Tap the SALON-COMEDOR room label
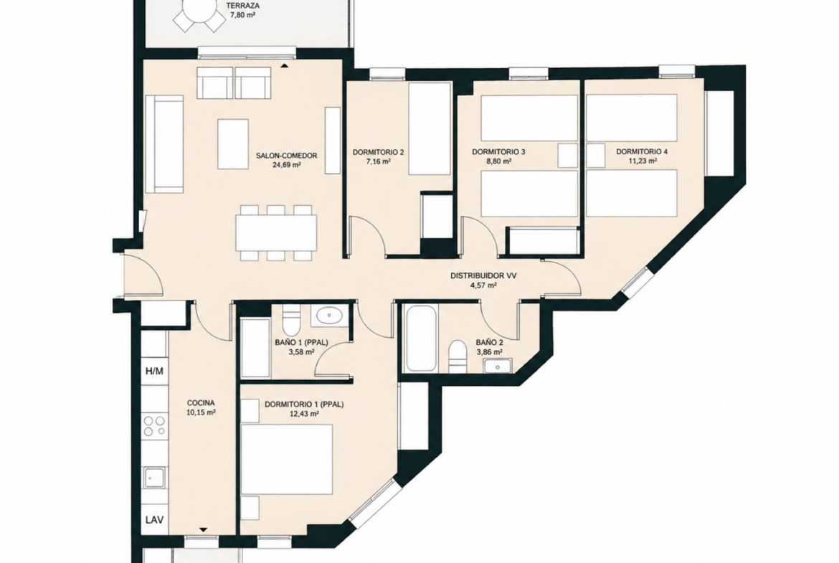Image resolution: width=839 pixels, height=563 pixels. point(286,156)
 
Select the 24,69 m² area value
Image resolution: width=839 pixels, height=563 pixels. point(286,166)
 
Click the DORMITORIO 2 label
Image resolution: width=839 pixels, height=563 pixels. point(379,153)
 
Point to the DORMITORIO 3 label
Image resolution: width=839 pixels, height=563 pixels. point(498,152)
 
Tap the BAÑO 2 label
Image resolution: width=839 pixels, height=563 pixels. point(490,343)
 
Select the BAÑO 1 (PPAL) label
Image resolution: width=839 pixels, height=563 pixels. point(301,343)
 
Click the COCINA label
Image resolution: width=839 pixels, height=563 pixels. point(202,403)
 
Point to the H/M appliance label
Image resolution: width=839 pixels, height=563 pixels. point(155,371)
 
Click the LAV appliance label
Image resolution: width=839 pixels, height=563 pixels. point(155,520)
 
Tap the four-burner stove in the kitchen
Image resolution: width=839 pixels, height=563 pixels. point(155,427)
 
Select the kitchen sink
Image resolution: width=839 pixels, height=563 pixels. point(155,476)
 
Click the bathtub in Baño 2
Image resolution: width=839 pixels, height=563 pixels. point(422,338)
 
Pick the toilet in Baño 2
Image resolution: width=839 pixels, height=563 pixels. point(458,354)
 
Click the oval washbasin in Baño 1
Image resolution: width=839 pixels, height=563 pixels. point(328,316)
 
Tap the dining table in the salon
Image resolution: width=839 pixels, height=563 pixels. point(276,233)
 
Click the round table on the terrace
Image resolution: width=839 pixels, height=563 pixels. point(199,9)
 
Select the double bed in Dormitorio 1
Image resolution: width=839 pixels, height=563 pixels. point(286,459)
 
